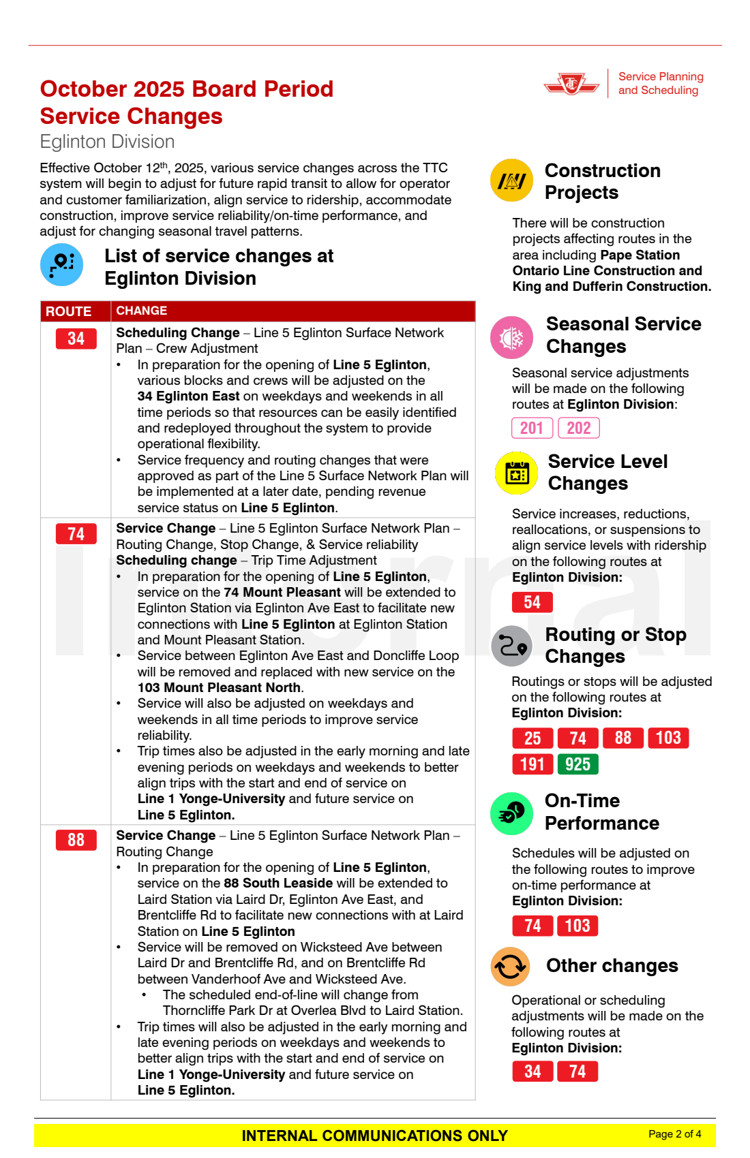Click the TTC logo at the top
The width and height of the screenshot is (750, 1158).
click(571, 84)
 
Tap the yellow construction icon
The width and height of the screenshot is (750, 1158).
click(511, 181)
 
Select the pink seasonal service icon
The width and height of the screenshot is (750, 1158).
click(511, 337)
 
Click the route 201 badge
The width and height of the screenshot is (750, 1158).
click(532, 428)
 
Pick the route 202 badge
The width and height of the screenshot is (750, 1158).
click(579, 428)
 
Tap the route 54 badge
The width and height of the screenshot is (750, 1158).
click(532, 602)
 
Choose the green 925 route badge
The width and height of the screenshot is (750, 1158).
click(577, 764)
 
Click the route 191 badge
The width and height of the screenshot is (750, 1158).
click(532, 764)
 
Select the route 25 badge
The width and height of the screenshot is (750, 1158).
click(532, 738)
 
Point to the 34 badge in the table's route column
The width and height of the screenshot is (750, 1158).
click(76, 339)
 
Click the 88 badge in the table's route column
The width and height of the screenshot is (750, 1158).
click(76, 840)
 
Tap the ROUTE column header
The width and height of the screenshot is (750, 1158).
click(68, 311)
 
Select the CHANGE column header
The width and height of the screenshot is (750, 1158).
click(142, 311)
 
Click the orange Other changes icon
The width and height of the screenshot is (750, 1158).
click(511, 967)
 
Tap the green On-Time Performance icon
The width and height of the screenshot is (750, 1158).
click(511, 813)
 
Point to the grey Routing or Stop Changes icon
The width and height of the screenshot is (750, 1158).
click(511, 646)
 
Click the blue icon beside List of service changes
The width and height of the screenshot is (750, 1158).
click(61, 264)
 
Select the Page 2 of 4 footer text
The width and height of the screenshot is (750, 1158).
click(674, 1133)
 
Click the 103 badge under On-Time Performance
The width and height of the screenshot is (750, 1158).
click(577, 926)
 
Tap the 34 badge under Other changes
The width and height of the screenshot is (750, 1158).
click(532, 1071)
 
